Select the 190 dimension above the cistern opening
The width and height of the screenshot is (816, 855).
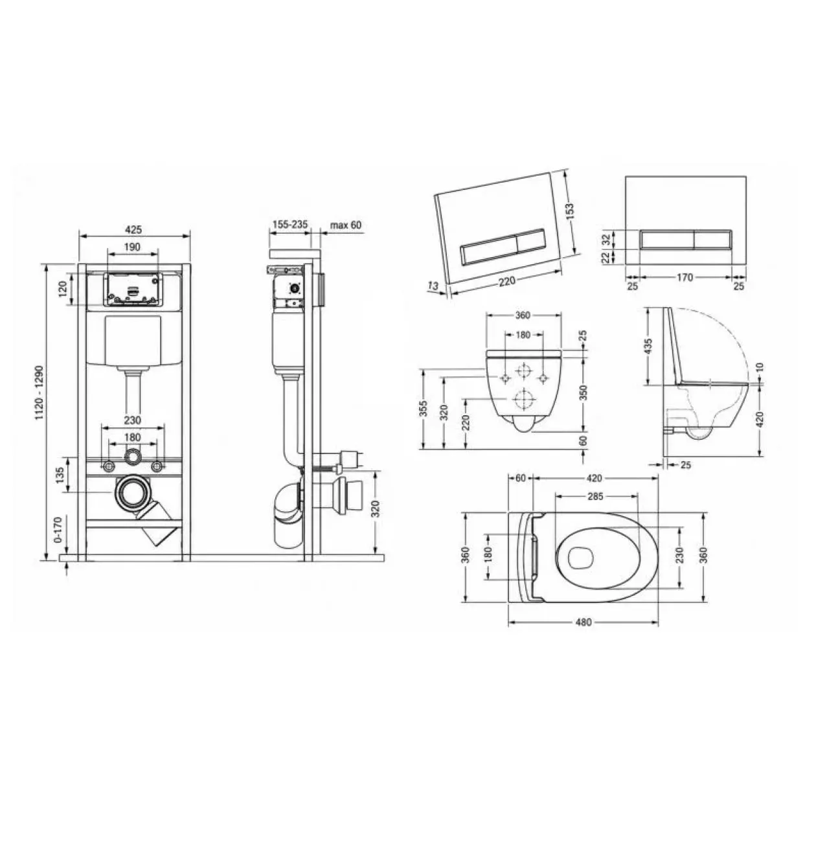click(x=132, y=247)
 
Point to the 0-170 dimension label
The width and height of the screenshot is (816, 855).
click(x=59, y=529)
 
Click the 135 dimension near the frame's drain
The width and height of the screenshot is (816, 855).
click(x=60, y=475)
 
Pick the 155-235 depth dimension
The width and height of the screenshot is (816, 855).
click(x=290, y=224)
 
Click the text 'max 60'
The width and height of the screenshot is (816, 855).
click(x=346, y=225)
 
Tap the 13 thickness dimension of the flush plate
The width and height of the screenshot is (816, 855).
click(x=433, y=286)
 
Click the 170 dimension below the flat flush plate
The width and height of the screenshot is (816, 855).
click(x=685, y=277)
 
